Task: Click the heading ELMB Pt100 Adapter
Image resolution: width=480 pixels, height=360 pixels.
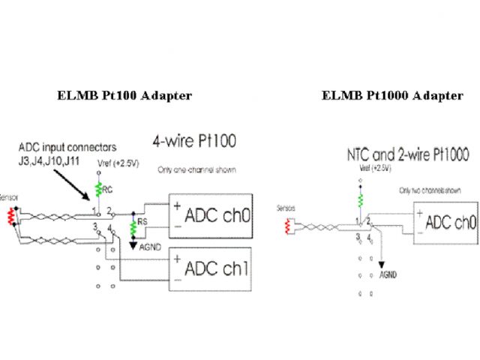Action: (124, 95)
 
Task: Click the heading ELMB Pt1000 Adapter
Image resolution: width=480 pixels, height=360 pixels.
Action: (392, 95)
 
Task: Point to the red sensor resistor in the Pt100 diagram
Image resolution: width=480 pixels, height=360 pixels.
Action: (10, 216)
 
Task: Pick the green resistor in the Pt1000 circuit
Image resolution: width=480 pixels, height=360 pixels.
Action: (361, 200)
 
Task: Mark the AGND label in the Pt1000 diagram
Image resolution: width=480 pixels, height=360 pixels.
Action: (388, 274)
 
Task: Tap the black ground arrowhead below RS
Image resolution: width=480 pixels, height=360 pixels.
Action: (133, 244)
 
